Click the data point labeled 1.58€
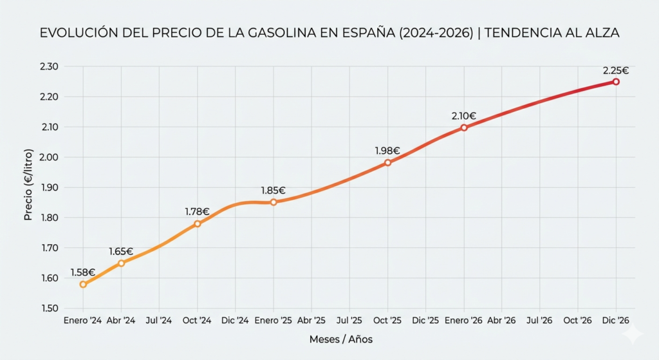point(83,284)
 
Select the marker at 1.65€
point(121,263)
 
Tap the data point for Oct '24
point(198,223)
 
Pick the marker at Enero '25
point(274,202)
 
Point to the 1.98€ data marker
point(388,163)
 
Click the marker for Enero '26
point(464,128)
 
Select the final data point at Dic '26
point(616,82)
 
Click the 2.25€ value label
point(616,70)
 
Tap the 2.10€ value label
point(463,116)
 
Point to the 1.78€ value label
point(197,211)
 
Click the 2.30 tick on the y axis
point(50,67)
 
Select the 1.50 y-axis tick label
point(50,308)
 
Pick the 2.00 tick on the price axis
point(50,157)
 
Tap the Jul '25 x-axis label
point(349,320)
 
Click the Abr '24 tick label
point(121,320)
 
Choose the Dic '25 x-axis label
point(425,320)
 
